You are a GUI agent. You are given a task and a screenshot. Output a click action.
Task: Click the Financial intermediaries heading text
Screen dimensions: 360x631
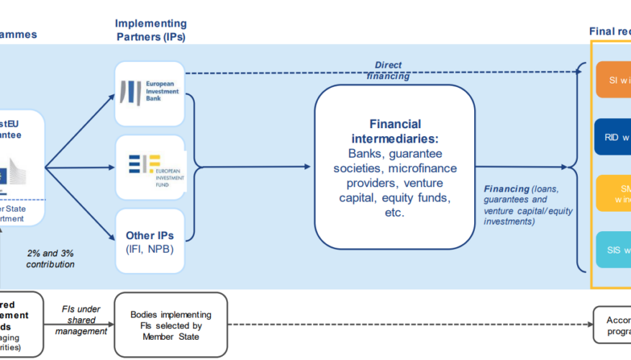[x=394, y=131]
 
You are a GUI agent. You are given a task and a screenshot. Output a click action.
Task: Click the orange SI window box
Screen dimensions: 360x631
[x=612, y=80]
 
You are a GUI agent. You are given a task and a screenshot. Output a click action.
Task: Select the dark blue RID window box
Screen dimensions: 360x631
[x=612, y=138]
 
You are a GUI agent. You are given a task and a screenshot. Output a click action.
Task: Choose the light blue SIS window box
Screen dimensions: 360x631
[x=612, y=250]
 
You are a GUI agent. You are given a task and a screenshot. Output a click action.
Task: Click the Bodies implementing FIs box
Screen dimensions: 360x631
[x=171, y=325]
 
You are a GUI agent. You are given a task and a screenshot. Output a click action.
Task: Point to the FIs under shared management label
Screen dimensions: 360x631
[x=81, y=320]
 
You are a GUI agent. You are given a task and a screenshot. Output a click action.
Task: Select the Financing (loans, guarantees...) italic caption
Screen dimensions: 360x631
[x=529, y=204]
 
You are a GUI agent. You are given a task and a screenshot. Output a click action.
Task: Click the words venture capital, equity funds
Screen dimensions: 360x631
[x=394, y=197]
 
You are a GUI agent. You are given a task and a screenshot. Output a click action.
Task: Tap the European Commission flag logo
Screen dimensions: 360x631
[x=14, y=174]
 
